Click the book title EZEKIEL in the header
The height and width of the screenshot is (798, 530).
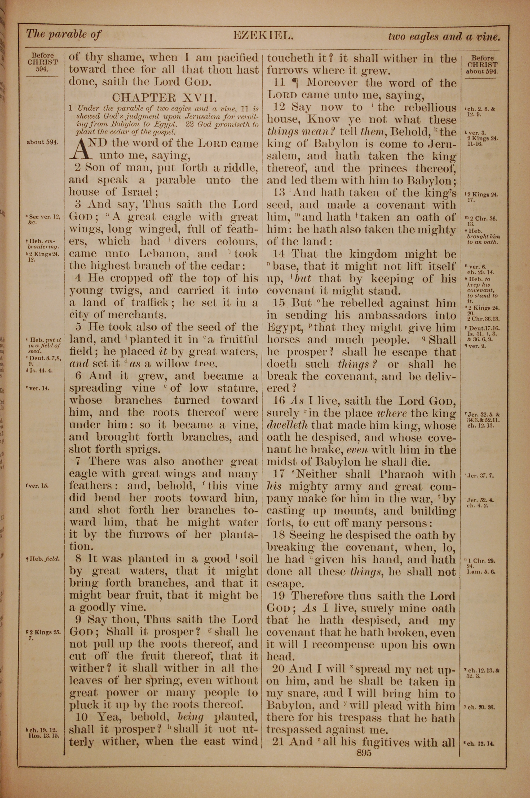coord(262,35)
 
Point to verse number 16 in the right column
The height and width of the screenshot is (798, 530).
coord(279,401)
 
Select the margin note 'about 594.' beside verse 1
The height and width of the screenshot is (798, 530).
coord(42,142)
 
